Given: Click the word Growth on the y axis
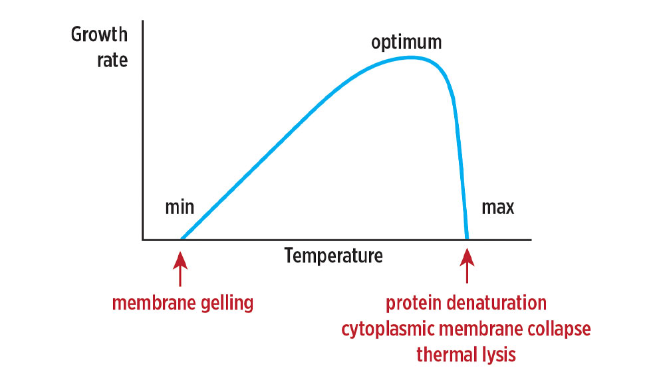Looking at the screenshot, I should click(98, 35).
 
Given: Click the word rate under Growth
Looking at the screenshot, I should click(111, 60).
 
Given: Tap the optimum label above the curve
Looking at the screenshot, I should click(406, 43).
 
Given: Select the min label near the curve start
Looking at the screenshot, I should click(180, 207).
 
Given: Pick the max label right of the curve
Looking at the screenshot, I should click(497, 207).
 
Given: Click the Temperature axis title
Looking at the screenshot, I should click(334, 255).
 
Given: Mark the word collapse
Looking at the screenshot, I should click(557, 329).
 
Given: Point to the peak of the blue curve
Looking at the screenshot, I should click(411, 57).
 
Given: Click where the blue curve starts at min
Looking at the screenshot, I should click(182, 238).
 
